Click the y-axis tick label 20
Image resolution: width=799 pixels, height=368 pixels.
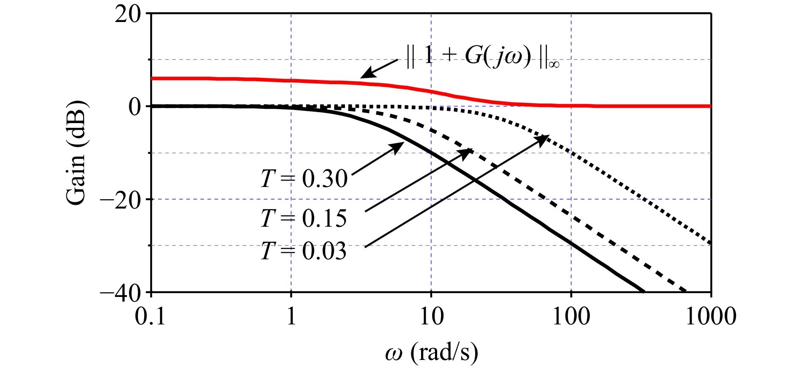128,14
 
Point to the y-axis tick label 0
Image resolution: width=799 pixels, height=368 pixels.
134,107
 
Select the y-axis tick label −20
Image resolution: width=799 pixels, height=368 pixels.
120,200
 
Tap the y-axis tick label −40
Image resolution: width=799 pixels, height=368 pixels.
120,293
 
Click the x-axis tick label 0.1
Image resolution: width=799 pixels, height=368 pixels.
150,316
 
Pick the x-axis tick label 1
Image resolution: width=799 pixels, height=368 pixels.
291,316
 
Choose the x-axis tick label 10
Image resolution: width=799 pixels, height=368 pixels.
431,316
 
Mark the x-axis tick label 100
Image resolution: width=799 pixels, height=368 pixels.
571,316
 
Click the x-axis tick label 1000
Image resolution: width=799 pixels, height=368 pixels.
711,316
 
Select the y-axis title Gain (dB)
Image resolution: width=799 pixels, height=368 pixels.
76,152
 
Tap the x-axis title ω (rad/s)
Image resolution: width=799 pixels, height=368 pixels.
431,352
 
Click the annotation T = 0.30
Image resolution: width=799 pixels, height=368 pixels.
304,179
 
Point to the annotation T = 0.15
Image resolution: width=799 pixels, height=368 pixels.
304,218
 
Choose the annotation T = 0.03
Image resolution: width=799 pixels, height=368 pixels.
304,251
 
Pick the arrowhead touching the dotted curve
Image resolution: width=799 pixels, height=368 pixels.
543,138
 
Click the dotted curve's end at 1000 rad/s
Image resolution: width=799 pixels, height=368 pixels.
710,244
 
